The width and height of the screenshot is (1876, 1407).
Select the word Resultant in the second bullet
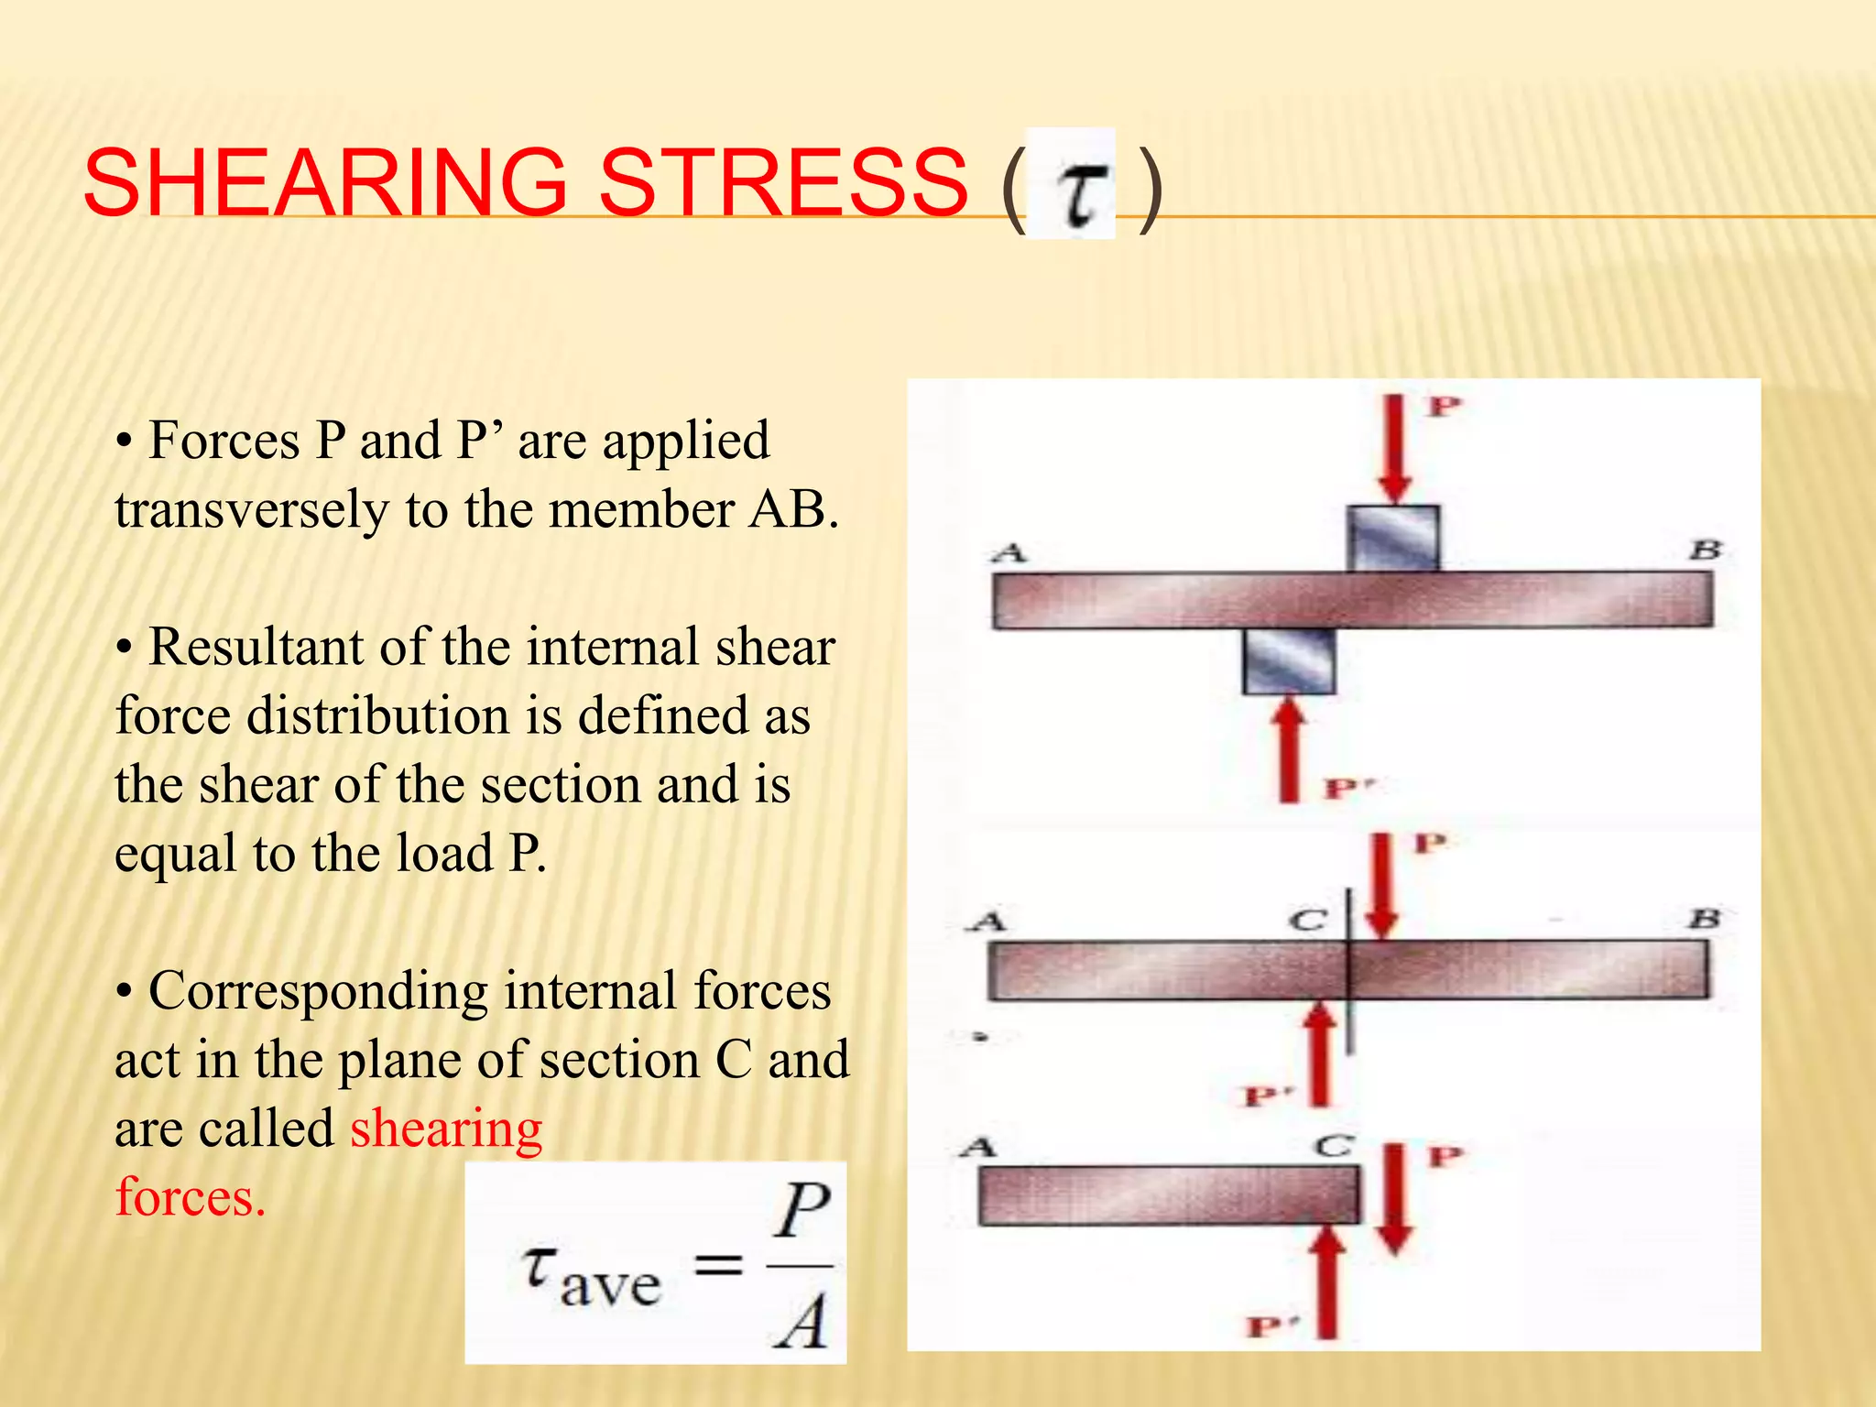pyautogui.click(x=256, y=647)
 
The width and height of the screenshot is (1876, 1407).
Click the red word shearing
pyautogui.click(x=446, y=1129)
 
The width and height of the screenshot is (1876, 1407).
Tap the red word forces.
pyautogui.click(x=191, y=1197)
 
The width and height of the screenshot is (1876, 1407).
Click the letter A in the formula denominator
pyautogui.click(x=800, y=1321)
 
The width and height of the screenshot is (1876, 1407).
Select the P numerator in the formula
pyautogui.click(x=802, y=1211)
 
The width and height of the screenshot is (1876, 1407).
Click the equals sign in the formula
pyautogui.click(x=717, y=1267)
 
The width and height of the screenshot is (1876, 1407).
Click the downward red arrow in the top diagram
pyautogui.click(x=1394, y=449)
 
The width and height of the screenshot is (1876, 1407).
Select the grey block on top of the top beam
pyautogui.click(x=1393, y=539)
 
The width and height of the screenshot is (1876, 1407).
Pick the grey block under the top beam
pyautogui.click(x=1289, y=660)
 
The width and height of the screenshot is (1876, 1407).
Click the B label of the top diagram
pyautogui.click(x=1706, y=551)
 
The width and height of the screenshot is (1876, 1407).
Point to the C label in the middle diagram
pyautogui.click(x=1308, y=920)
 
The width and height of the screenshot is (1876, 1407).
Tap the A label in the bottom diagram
pyautogui.click(x=977, y=1147)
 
